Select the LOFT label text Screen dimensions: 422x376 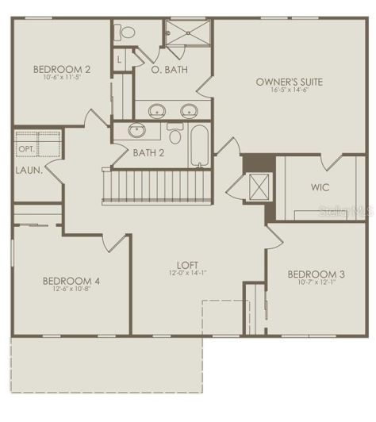(187, 264)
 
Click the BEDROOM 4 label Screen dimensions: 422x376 (71, 281)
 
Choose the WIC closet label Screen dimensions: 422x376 (320, 187)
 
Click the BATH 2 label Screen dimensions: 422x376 (148, 152)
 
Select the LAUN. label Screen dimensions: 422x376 (28, 170)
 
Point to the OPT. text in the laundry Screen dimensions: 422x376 (25, 148)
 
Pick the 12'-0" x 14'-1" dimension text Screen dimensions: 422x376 (187, 274)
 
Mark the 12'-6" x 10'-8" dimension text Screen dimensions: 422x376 (71, 290)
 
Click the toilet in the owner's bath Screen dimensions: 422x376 (125, 33)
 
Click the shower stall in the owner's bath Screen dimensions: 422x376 (189, 36)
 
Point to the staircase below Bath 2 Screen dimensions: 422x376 (159, 187)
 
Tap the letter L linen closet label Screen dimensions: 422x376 (119, 59)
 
